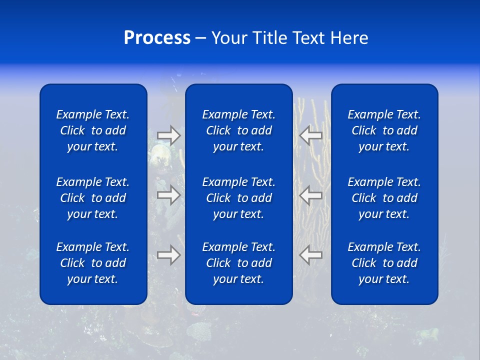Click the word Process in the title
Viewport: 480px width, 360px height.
157,38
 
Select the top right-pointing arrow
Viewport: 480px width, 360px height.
168,135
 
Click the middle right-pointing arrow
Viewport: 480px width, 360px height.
168,195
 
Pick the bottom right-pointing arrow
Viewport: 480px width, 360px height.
168,255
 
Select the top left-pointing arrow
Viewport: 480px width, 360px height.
311,135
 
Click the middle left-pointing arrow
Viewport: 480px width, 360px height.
311,195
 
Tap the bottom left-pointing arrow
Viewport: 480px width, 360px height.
311,255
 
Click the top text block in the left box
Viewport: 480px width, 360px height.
93,130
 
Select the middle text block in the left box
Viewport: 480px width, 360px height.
93,198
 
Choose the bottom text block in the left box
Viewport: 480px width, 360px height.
93,263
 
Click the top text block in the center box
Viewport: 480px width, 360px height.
238,130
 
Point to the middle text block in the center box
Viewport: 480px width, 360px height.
238,198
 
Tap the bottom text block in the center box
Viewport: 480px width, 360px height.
238,263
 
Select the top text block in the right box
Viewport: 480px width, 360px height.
384,130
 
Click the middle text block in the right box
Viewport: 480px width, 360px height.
384,198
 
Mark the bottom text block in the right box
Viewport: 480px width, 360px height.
384,263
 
